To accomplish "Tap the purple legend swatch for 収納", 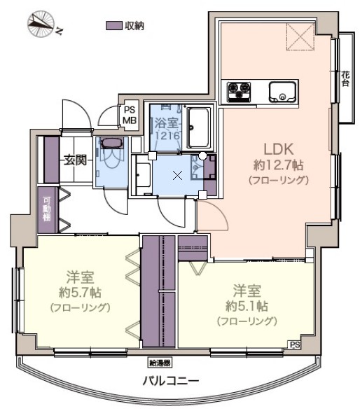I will coord(114,26).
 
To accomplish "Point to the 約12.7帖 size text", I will coord(277,165).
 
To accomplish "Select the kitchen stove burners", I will coord(238,91).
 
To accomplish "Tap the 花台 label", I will coord(345,78).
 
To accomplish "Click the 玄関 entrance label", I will coord(75,160).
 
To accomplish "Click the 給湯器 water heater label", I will coord(160,363).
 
